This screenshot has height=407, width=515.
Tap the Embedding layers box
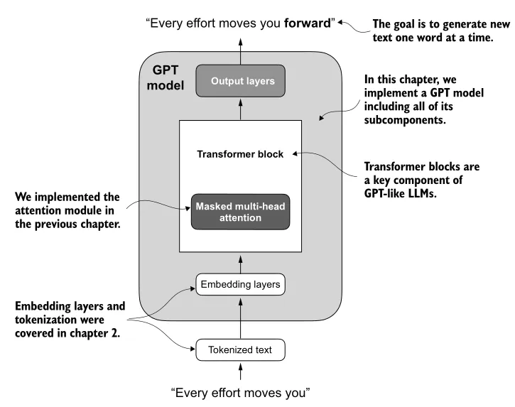click(x=240, y=286)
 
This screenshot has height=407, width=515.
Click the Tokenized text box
click(x=240, y=349)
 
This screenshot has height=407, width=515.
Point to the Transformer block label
click(x=240, y=154)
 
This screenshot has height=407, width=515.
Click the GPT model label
click(x=168, y=78)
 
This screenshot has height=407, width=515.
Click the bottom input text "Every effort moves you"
click(x=241, y=392)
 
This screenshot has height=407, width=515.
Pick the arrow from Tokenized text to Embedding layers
click(x=240, y=318)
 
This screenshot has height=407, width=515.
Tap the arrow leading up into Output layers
click(x=240, y=109)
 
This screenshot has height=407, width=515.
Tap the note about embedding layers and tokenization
click(x=70, y=320)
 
